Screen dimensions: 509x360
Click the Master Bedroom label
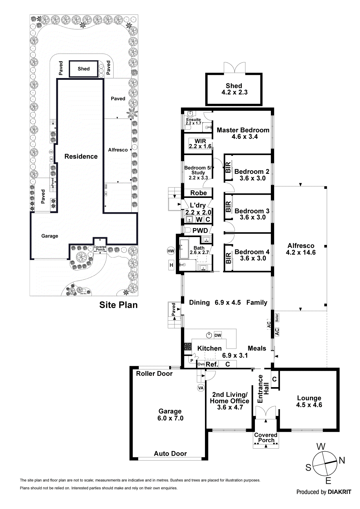click(x=243, y=130)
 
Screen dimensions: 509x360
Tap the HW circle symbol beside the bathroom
click(x=171, y=251)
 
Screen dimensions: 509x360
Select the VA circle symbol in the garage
click(x=201, y=388)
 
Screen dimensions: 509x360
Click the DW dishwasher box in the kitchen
click(x=218, y=335)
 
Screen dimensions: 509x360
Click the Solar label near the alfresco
click(x=277, y=317)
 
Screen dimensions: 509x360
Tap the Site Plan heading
click(x=118, y=305)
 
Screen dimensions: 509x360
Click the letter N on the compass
click(x=342, y=460)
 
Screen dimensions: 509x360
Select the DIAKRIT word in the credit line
click(x=339, y=492)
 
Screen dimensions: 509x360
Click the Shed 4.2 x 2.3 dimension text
click(x=234, y=93)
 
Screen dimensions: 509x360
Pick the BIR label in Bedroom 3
click(x=228, y=207)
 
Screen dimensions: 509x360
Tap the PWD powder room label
click(x=200, y=231)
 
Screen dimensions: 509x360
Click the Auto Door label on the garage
click(x=170, y=454)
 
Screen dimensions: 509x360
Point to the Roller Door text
click(x=154, y=374)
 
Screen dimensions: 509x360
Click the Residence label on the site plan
click(x=81, y=157)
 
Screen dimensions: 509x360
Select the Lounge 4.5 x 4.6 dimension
click(x=309, y=405)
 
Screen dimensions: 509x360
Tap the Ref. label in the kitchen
click(x=212, y=364)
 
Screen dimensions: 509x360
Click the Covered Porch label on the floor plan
click(x=266, y=438)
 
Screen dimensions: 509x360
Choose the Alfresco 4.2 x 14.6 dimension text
click(x=301, y=252)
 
